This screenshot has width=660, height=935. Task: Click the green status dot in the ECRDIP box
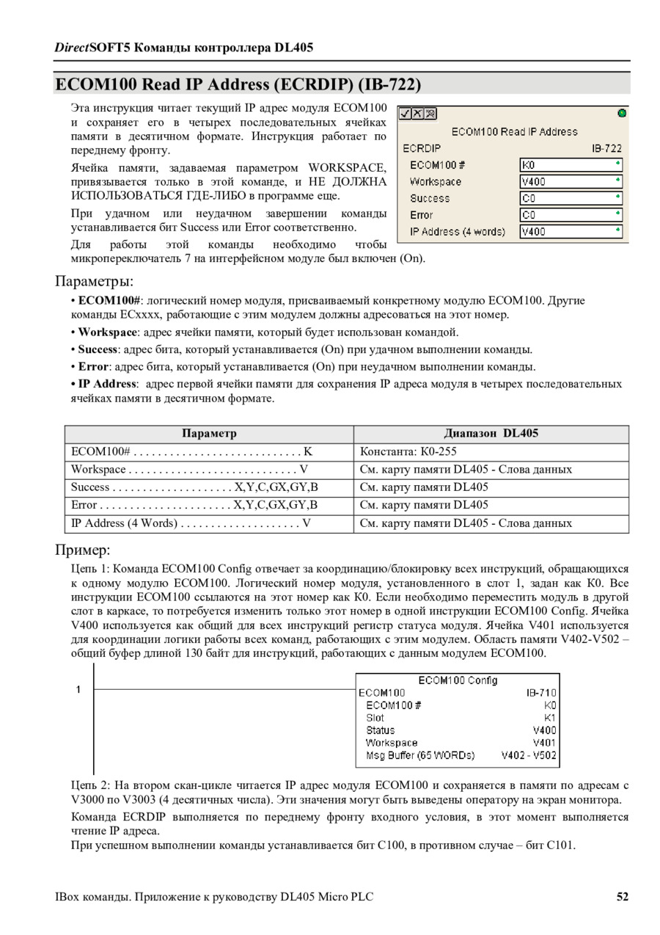click(622, 113)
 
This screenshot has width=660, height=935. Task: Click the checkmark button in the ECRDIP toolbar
click(404, 114)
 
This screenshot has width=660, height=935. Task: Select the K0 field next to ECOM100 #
click(571, 165)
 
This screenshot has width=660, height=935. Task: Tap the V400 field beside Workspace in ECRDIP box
click(571, 181)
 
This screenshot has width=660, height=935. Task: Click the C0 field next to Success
click(571, 198)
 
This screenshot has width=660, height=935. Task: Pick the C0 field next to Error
click(571, 215)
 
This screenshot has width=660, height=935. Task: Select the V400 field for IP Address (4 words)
click(571, 232)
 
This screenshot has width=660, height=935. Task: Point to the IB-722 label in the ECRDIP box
click(606, 148)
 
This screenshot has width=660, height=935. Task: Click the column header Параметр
click(209, 434)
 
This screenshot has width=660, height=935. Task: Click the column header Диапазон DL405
click(491, 434)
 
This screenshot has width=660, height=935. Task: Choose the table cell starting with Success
click(194, 487)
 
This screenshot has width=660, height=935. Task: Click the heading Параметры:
click(94, 282)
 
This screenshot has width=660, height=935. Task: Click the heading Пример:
click(83, 550)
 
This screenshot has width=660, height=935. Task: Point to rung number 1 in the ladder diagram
click(78, 689)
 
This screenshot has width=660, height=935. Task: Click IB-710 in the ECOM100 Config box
click(541, 692)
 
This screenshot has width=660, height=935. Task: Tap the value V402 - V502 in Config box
click(529, 754)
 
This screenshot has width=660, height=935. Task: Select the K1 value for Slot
click(550, 717)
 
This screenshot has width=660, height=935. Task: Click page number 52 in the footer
click(622, 897)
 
